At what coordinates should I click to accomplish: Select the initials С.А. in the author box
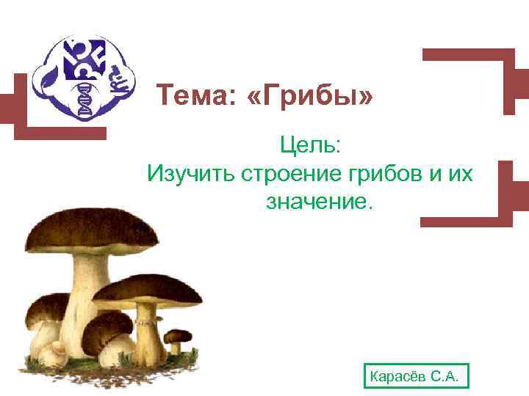[445, 378]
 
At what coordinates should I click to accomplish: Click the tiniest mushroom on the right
[177, 342]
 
